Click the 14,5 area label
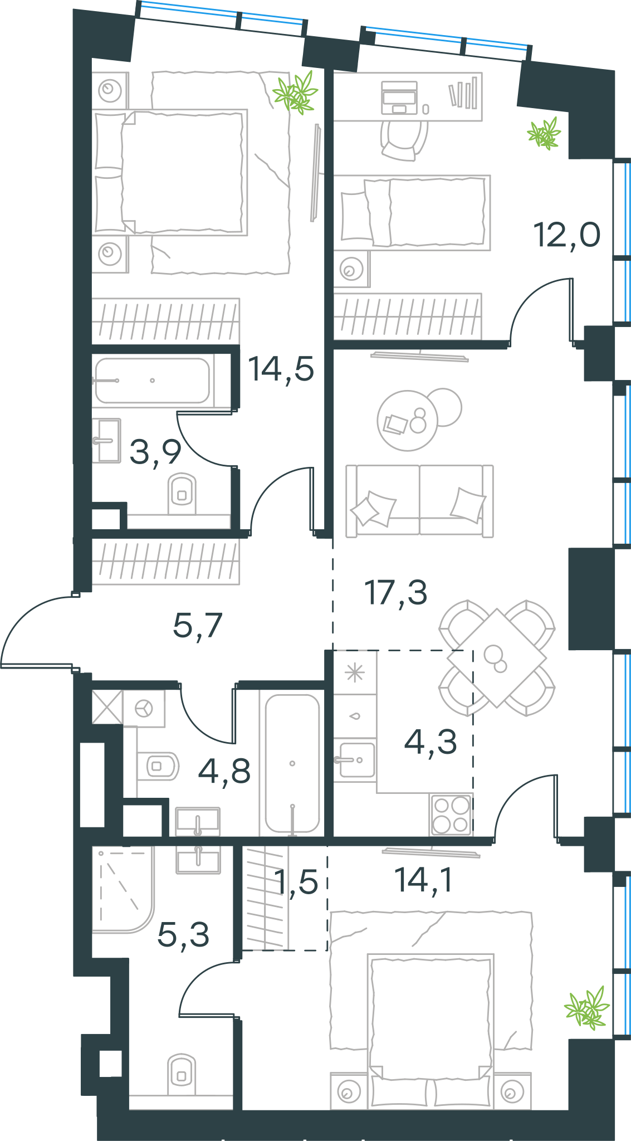[x=281, y=369]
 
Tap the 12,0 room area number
[x=567, y=235]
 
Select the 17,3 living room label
[x=396, y=592]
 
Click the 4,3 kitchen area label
[x=431, y=742]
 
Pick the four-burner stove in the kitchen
[x=451, y=815]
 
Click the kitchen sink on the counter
[x=355, y=760]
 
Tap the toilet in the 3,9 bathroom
[x=182, y=494]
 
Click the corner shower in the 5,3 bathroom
[x=123, y=889]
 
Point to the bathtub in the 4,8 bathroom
[x=292, y=763]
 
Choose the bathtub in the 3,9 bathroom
[x=152, y=381]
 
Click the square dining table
[x=496, y=658]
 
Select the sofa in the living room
[x=419, y=501]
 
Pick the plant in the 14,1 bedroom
[x=587, y=1008]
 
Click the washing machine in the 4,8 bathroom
[x=144, y=709]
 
